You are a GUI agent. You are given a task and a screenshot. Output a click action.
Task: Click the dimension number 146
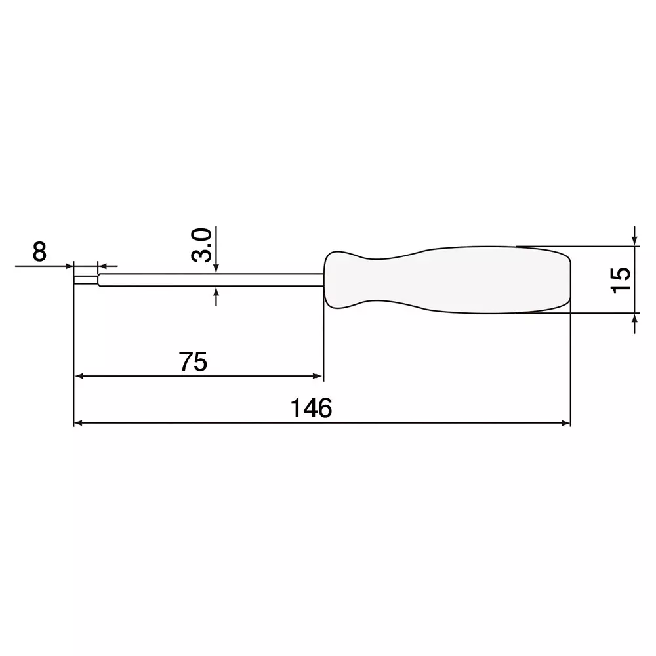tap(312, 408)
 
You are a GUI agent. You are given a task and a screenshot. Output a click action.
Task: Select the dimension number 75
tap(194, 361)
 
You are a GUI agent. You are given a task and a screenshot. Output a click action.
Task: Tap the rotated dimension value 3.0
tap(202, 245)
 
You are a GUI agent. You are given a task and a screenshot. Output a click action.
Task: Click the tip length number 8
tap(39, 252)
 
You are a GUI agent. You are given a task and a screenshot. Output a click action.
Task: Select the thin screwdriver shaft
tap(210, 280)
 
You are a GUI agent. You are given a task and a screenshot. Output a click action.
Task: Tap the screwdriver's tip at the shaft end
tap(85, 280)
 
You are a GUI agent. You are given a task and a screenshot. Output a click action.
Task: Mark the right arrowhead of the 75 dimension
tap(318, 377)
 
